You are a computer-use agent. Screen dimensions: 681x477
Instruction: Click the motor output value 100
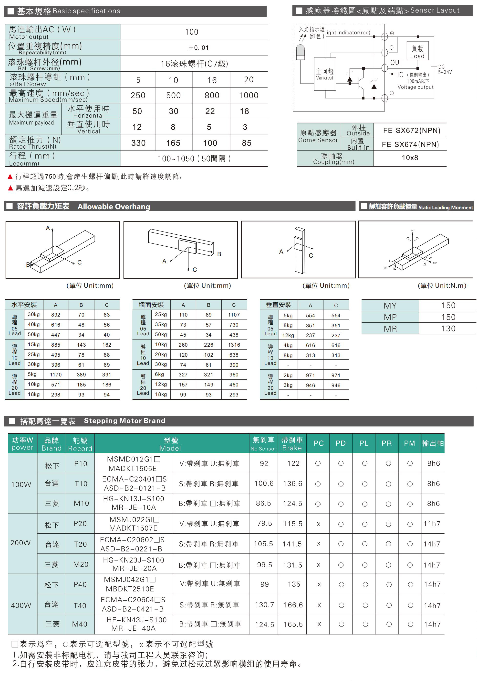(191, 32)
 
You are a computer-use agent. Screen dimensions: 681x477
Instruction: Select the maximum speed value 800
(212, 96)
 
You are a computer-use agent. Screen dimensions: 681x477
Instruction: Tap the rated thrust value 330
(138, 143)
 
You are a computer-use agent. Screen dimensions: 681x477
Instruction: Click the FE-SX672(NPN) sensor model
(412, 131)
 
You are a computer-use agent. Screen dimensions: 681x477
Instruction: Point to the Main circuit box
(325, 74)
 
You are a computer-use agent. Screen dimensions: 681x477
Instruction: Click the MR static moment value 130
(448, 329)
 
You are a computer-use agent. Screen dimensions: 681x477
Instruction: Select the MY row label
(390, 306)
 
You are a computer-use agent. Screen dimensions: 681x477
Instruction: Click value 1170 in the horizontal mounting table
(56, 375)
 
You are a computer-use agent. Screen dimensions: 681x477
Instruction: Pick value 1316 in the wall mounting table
(234, 345)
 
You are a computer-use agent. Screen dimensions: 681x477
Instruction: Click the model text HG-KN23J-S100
(133, 560)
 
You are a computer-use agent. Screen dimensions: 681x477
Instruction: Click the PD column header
(341, 443)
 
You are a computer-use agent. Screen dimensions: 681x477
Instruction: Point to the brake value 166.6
(293, 605)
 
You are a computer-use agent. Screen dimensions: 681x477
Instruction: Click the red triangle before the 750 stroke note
(10, 177)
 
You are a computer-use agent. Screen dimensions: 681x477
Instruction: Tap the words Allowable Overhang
(114, 207)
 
